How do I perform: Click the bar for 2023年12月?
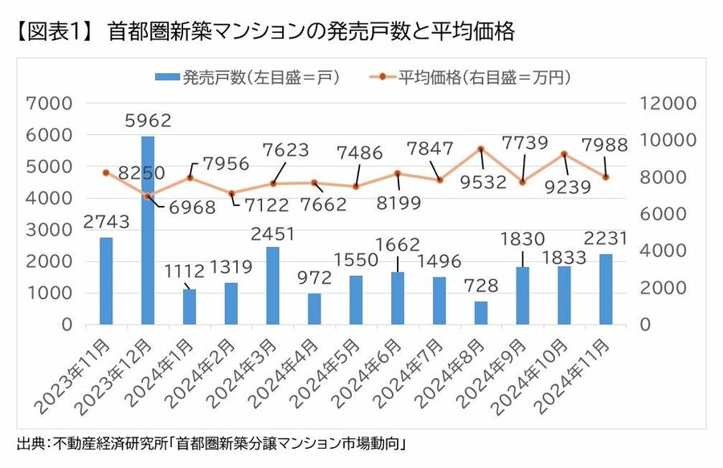pyautogui.click(x=148, y=230)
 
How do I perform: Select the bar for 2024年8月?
pyautogui.click(x=480, y=313)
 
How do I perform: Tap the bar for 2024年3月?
pyautogui.click(x=273, y=285)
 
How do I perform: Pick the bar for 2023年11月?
pyautogui.click(x=106, y=281)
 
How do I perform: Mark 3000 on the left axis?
pyautogui.click(x=50, y=229)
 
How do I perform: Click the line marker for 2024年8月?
pyautogui.click(x=480, y=149)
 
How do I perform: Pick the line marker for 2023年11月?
pyautogui.click(x=106, y=173)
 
